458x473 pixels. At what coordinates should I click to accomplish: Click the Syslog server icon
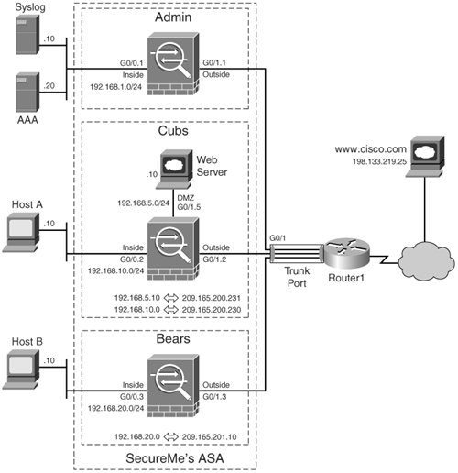[27, 34]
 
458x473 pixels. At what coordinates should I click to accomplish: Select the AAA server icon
[27, 93]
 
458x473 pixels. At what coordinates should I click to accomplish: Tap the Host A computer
[21, 233]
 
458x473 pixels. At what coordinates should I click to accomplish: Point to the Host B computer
[21, 369]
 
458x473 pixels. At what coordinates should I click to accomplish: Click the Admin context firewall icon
[173, 64]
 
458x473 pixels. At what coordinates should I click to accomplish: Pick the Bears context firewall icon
[173, 386]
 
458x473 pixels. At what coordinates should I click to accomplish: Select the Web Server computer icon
[174, 170]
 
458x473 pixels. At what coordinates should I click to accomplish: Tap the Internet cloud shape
[426, 260]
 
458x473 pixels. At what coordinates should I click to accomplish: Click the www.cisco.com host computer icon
[425, 157]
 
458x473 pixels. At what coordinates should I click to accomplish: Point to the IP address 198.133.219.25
[379, 161]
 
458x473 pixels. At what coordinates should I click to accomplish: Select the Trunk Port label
[297, 277]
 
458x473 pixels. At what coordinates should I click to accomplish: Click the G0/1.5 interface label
[189, 207]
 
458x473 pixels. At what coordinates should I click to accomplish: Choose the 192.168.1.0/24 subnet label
[115, 87]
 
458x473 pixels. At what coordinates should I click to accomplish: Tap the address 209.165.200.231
[212, 298]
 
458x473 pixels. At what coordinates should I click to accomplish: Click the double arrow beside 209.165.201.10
[171, 437]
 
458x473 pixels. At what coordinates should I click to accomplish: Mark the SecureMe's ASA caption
[175, 458]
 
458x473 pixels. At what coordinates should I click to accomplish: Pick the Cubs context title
[173, 131]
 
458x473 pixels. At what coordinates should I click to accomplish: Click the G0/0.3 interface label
[132, 397]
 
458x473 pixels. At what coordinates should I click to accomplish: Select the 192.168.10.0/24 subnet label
[115, 270]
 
